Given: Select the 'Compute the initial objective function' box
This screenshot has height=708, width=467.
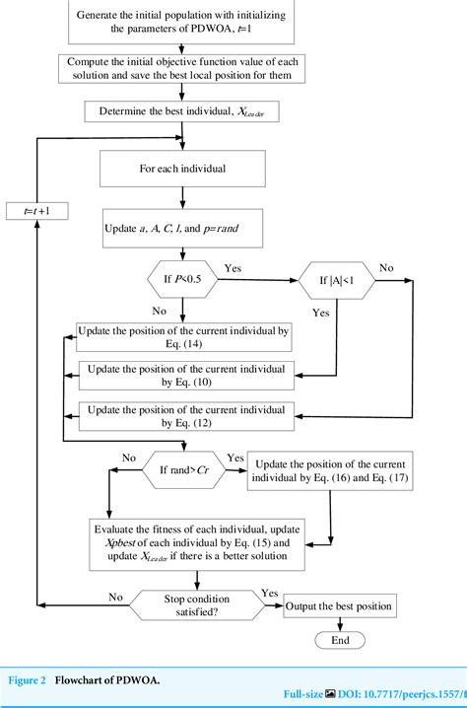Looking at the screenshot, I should pyautogui.click(x=183, y=68).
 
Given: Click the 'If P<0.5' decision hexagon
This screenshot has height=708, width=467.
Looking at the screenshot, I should pyautogui.click(x=183, y=281).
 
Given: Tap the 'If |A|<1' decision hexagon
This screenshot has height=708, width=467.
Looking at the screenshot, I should pyautogui.click(x=336, y=281).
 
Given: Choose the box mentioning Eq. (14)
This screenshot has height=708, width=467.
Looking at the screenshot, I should pyautogui.click(x=183, y=337).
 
